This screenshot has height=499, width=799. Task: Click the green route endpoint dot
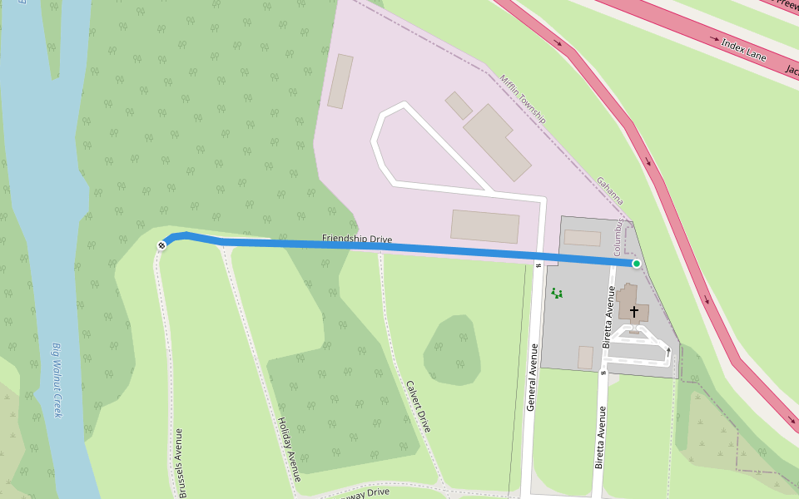(x=637, y=264)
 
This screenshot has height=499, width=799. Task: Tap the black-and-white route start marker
(x=161, y=245)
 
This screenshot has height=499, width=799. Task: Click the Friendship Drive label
(x=357, y=240)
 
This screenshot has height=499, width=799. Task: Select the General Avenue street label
(x=532, y=376)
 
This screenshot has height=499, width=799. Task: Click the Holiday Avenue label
(x=288, y=448)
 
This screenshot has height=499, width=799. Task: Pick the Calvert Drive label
(x=418, y=406)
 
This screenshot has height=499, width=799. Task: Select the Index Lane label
(x=743, y=51)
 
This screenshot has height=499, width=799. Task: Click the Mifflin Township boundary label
(x=522, y=99)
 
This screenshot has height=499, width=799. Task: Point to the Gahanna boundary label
(x=609, y=191)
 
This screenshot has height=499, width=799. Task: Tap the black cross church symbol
(x=634, y=312)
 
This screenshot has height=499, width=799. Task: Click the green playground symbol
(x=556, y=293)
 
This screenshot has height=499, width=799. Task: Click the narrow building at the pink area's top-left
(x=340, y=82)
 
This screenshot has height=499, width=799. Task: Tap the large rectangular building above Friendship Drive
(x=485, y=226)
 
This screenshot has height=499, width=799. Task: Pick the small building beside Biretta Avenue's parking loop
(x=586, y=357)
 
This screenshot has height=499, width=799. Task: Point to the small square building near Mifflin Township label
(x=459, y=106)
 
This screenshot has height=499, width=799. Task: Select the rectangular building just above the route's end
(x=582, y=238)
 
